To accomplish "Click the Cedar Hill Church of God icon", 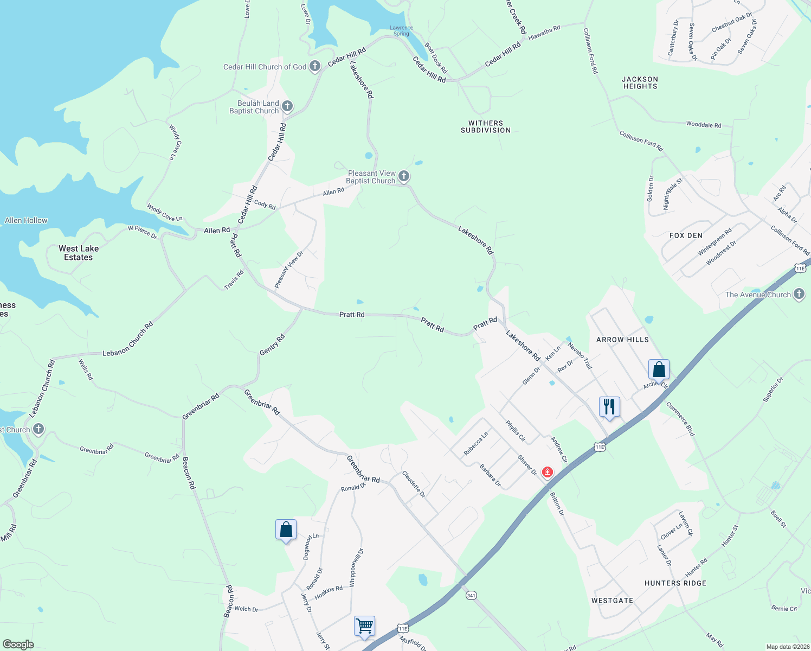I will click(315, 67).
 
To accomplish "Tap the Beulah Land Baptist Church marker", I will click(287, 106).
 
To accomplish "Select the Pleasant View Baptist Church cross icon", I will click(403, 176).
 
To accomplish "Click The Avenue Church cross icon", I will click(799, 295).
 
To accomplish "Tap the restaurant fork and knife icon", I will click(609, 406).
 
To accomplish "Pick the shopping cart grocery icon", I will click(364, 626).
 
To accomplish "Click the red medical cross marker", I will click(548, 473).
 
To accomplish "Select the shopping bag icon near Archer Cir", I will click(659, 369).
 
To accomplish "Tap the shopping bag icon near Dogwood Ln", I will click(286, 529).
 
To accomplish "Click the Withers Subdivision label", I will click(486, 127).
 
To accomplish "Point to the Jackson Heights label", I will click(640, 82).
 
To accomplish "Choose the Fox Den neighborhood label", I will click(686, 235).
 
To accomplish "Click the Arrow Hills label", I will click(622, 340).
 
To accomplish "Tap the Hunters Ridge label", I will click(675, 583).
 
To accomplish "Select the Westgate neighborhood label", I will click(612, 601).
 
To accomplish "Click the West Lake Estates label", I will click(79, 253).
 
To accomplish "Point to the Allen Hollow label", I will click(26, 220).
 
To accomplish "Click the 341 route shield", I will click(471, 595).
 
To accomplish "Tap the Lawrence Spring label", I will click(401, 31).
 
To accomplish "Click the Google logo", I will click(18, 644).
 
